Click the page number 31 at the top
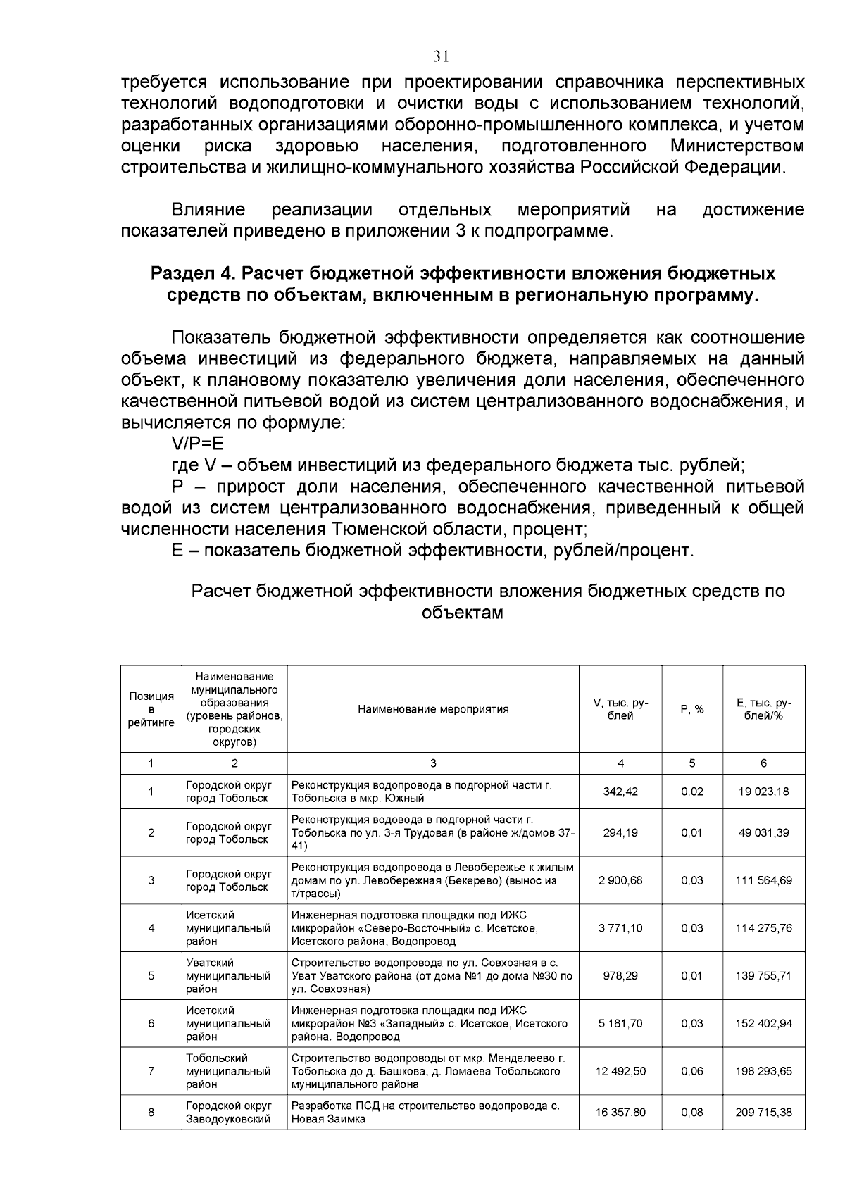[x=442, y=57]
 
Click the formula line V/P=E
[x=197, y=444]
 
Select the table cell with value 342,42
[x=620, y=792]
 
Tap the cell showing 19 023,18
[x=764, y=792]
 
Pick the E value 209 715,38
[x=764, y=1113]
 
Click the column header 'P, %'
[x=692, y=709]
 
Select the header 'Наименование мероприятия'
[x=433, y=709]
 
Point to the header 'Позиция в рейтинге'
[x=151, y=709]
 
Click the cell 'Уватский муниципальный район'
[x=228, y=976]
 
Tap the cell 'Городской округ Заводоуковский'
[x=228, y=1113]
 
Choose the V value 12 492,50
[x=620, y=1071]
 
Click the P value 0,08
[x=692, y=1113]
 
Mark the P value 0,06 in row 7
[x=692, y=1071]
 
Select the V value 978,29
[x=620, y=976]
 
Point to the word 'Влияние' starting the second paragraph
[x=208, y=210]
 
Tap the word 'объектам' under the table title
[x=463, y=613]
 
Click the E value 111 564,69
[x=764, y=880]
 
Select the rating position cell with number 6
[x=151, y=1023]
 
